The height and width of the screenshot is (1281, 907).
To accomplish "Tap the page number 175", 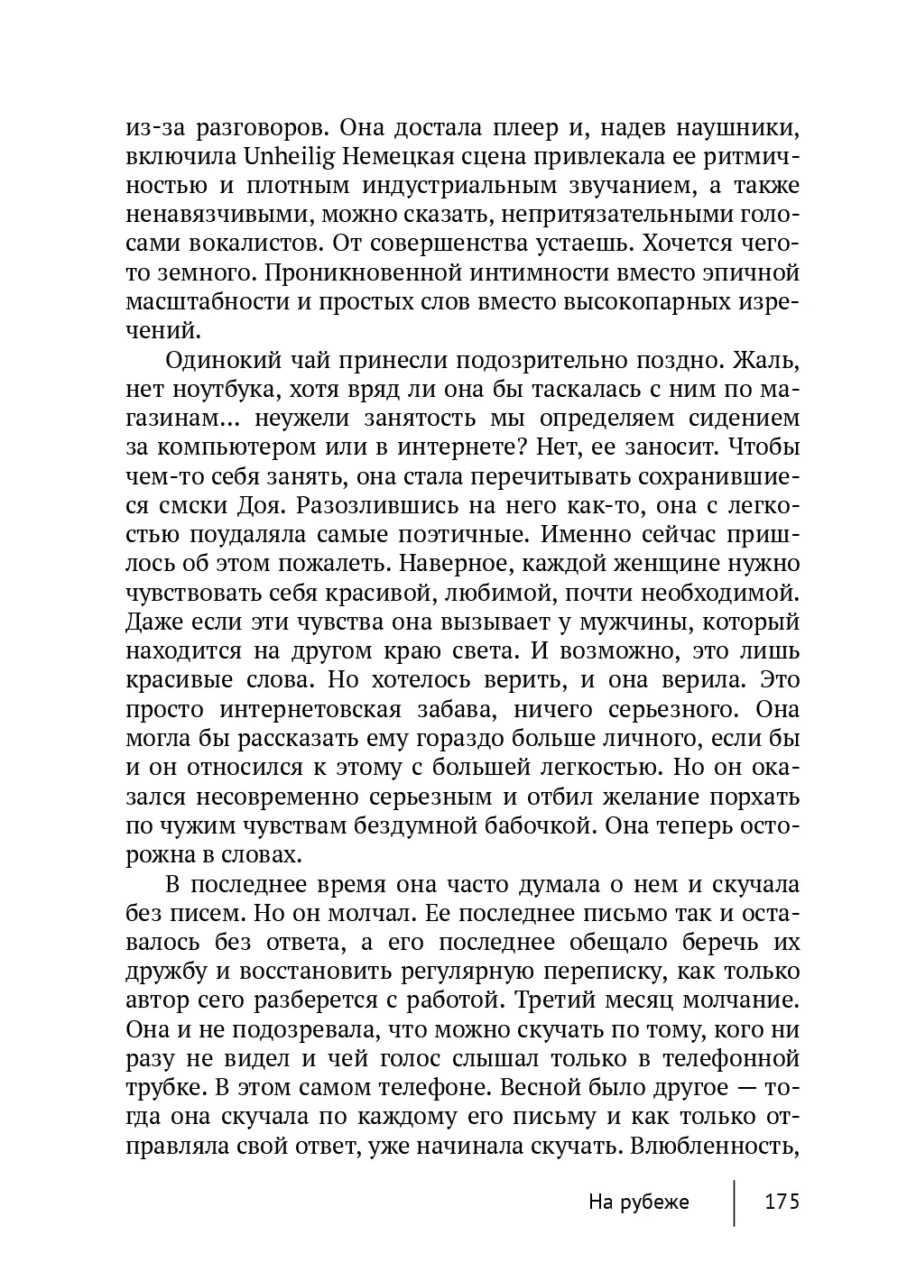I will pyautogui.click(x=782, y=1202).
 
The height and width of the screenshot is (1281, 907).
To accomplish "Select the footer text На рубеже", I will pyautogui.click(x=638, y=1202).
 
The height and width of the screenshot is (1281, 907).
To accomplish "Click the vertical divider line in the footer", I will pyautogui.click(x=735, y=1202).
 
